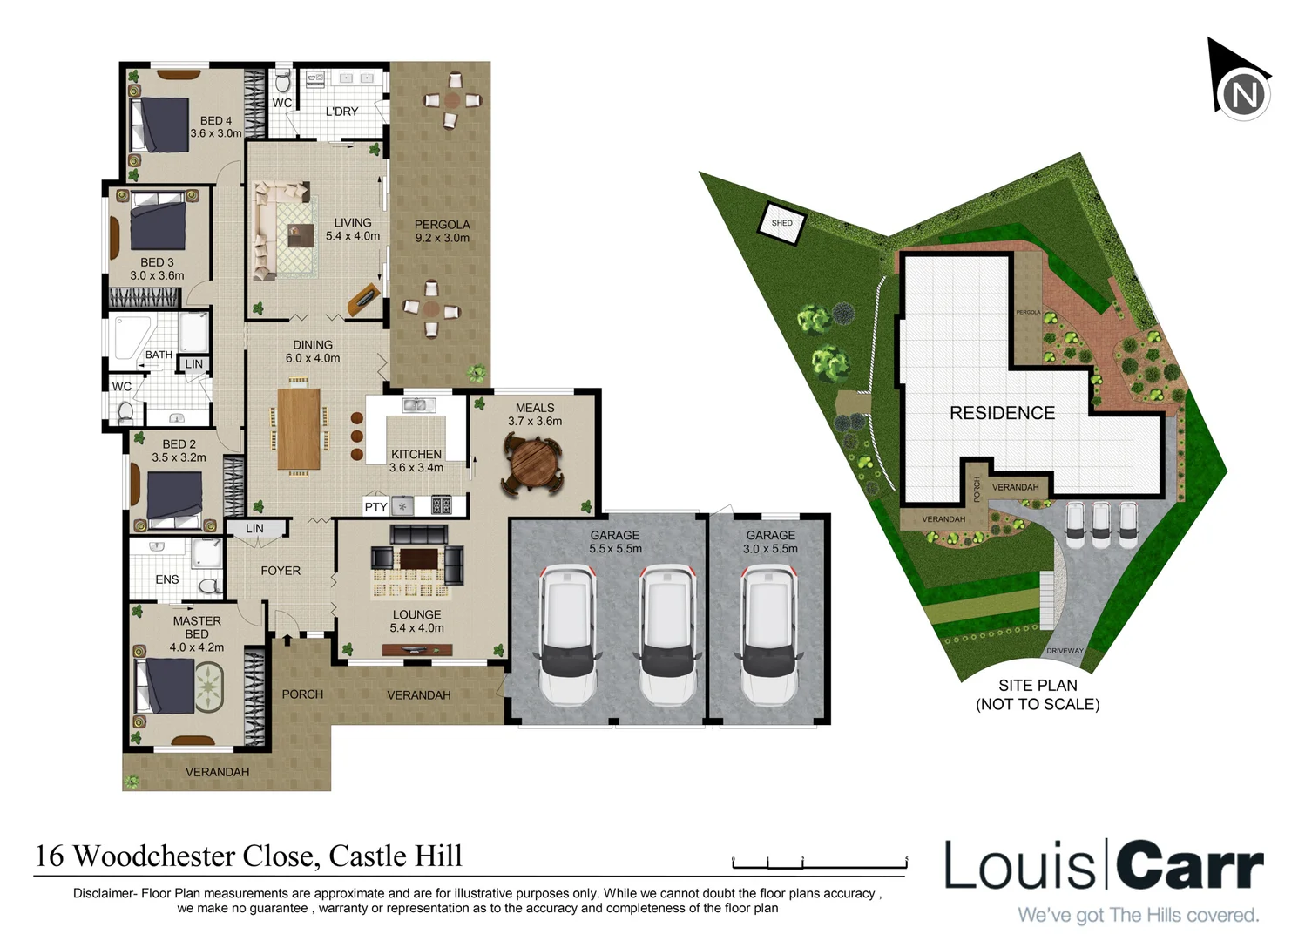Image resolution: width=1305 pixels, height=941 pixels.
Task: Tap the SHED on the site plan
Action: click(x=781, y=223)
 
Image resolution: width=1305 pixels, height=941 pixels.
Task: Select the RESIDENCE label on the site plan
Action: click(x=1002, y=413)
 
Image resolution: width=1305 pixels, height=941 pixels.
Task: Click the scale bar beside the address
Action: click(x=819, y=863)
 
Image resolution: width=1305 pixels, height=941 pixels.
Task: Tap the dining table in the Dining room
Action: click(x=299, y=428)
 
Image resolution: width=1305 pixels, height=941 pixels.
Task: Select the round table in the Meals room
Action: click(x=531, y=465)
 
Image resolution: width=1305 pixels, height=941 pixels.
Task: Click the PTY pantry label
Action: click(x=375, y=506)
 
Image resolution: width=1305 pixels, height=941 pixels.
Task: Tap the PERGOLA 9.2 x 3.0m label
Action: click(x=442, y=231)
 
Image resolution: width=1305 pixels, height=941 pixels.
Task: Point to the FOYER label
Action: click(x=281, y=571)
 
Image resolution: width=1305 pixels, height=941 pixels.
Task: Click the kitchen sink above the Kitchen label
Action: click(x=419, y=405)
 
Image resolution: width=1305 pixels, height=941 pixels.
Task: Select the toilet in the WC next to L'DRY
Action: click(x=282, y=82)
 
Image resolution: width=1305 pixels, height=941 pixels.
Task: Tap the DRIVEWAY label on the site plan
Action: click(x=1065, y=651)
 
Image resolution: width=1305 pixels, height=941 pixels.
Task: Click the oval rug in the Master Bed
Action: click(x=209, y=687)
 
